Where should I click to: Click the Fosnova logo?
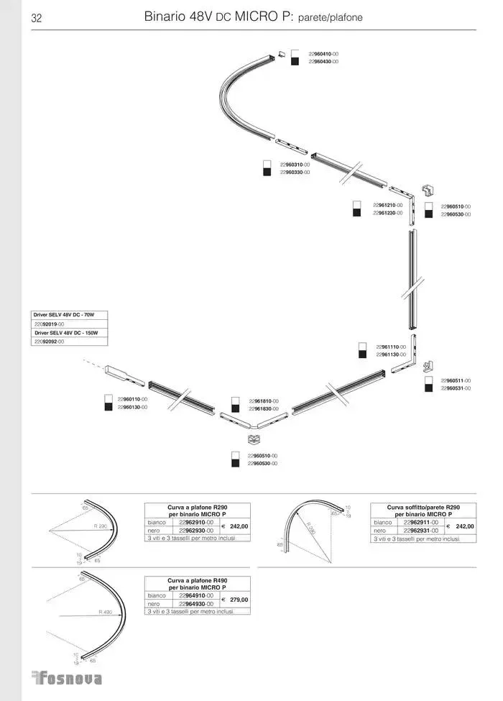click(68, 678)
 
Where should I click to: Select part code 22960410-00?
click(323, 54)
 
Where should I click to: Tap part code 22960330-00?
click(295, 173)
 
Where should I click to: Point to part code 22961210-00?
click(388, 206)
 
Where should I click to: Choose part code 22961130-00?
click(391, 354)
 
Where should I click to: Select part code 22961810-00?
click(264, 401)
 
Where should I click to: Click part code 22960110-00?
click(132, 399)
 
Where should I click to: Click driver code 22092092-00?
click(49, 342)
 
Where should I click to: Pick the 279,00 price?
click(239, 600)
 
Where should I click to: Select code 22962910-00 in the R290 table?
click(195, 523)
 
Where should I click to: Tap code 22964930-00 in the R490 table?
click(195, 604)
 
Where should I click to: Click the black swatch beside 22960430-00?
click(295, 62)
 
